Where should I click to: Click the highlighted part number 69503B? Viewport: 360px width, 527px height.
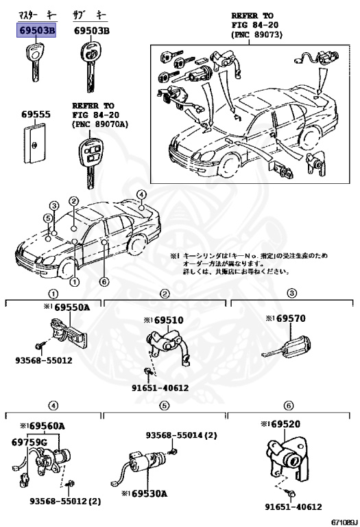coord(37,31)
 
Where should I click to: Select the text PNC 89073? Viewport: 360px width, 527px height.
coord(257,34)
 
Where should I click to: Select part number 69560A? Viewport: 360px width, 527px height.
coord(43,426)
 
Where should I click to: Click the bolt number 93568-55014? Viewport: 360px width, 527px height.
coord(171,435)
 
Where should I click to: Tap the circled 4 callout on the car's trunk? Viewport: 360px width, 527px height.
coord(141,195)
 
